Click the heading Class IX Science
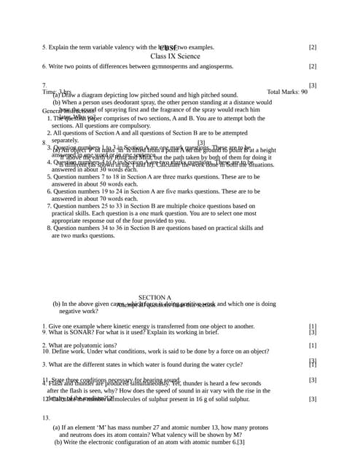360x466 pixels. (x=175, y=55)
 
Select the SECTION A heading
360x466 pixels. (x=154, y=298)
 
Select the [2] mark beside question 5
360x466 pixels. (x=312, y=47)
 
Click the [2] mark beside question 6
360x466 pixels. (x=312, y=66)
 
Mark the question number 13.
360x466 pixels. (x=45, y=418)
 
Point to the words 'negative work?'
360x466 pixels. (x=78, y=311)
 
